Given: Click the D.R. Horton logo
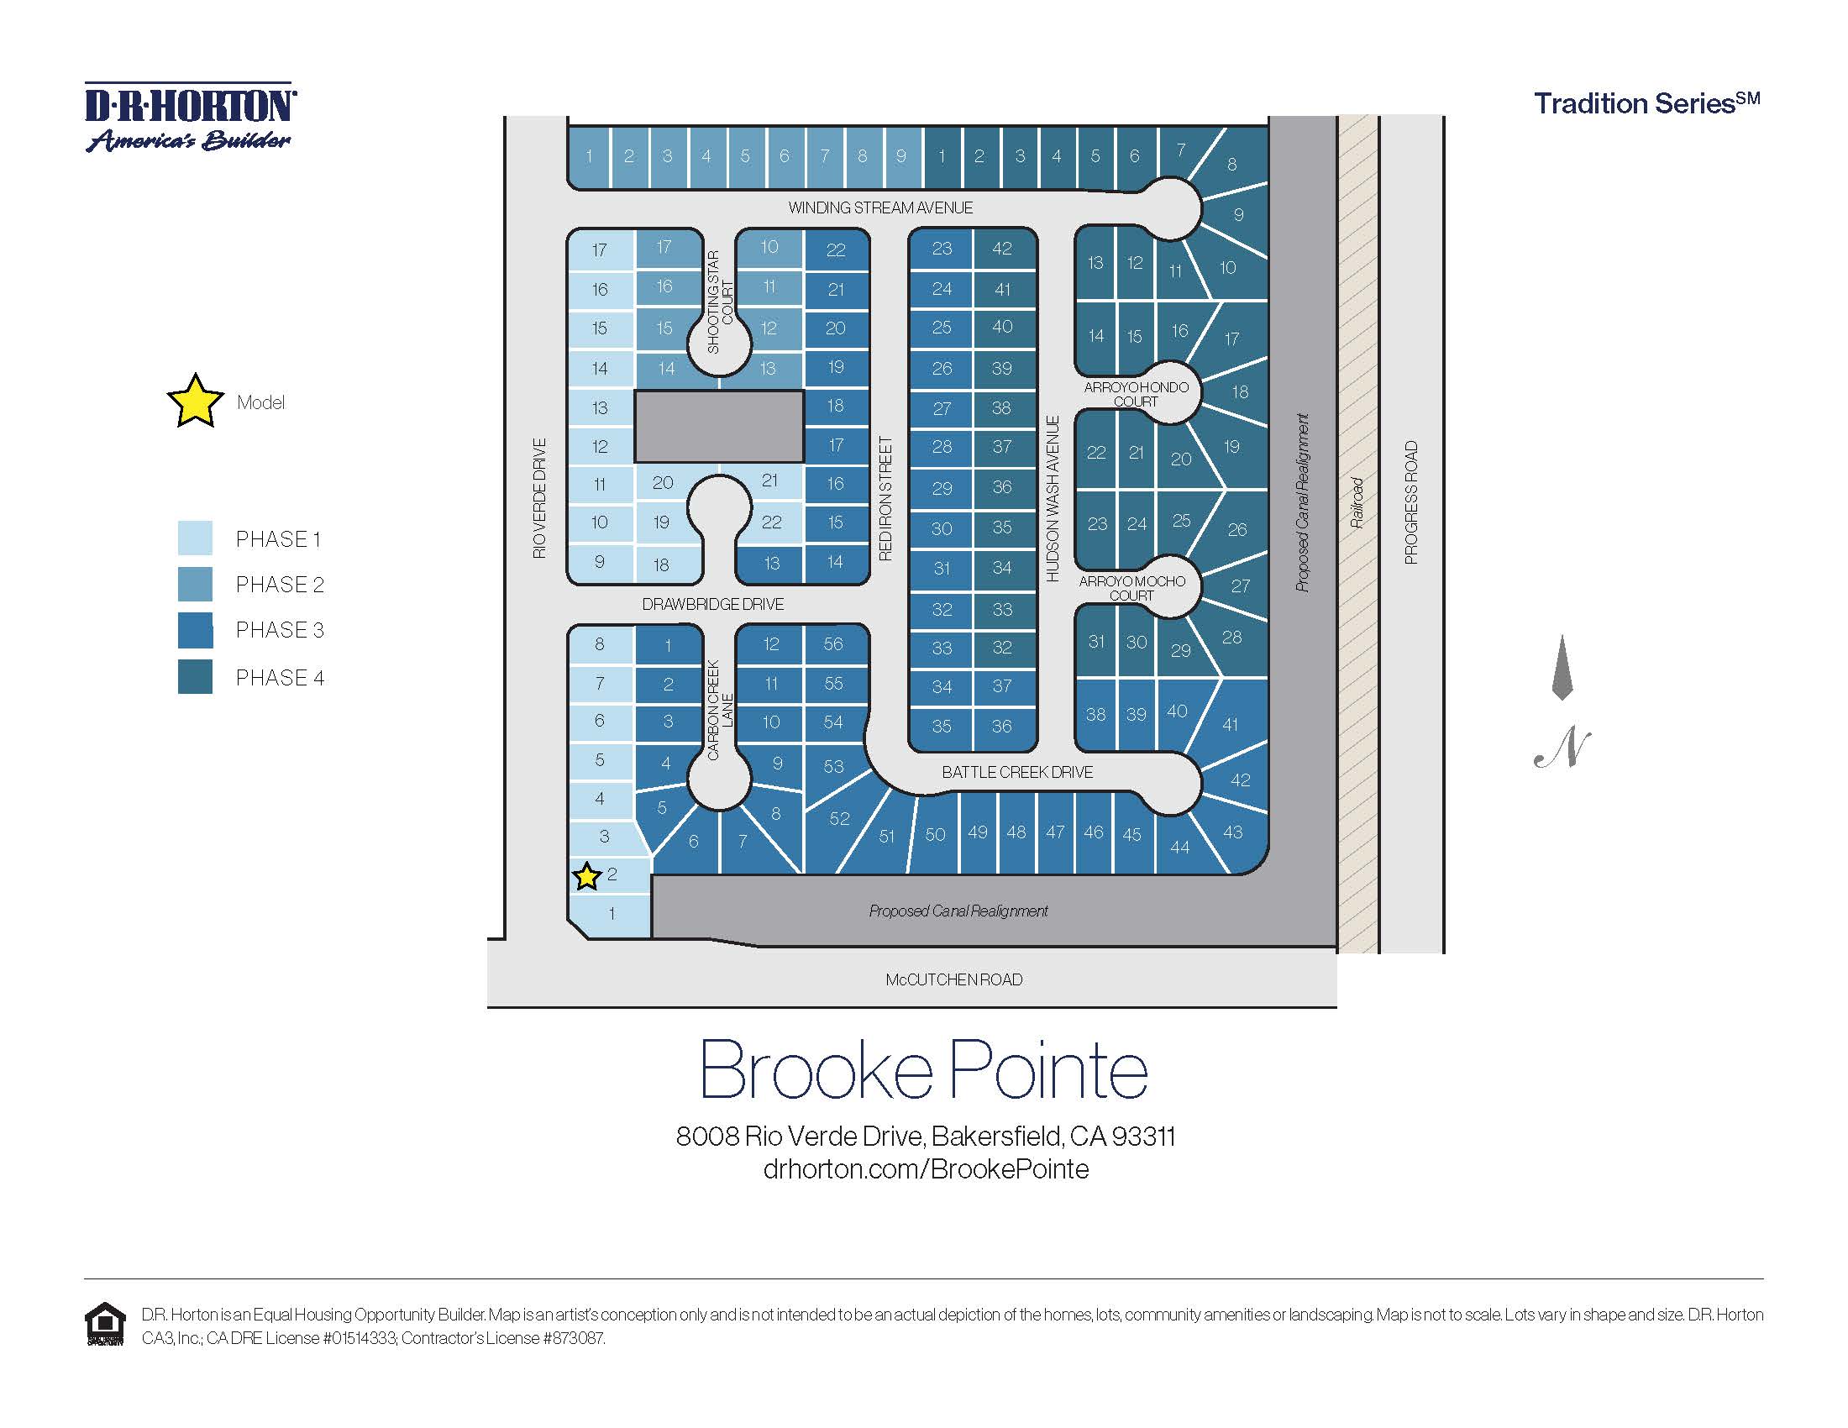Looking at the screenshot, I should (191, 118).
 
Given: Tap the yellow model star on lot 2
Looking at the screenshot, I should (586, 876).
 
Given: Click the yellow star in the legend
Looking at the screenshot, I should (196, 401).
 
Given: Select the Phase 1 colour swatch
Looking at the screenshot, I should (195, 538).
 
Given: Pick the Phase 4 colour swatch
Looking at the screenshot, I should (195, 677).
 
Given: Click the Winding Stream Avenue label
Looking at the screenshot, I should (880, 207).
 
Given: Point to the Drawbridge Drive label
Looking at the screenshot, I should (712, 604).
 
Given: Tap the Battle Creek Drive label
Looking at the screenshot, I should (1017, 771).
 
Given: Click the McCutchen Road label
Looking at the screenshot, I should (953, 979).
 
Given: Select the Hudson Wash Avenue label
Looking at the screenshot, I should (1053, 498).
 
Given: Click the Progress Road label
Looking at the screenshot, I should (1410, 502).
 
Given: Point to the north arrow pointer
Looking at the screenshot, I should (1562, 669).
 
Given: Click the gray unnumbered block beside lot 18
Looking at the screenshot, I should (718, 426).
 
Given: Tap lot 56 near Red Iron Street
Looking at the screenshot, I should (833, 643).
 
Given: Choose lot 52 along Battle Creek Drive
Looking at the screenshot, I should (838, 818).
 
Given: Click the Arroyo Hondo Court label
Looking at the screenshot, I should (1136, 394).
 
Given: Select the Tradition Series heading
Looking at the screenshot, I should (1646, 103).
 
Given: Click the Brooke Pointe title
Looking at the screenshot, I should (923, 1070).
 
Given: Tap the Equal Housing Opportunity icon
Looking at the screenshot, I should (105, 1324).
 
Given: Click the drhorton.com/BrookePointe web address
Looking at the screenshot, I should (926, 1169).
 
